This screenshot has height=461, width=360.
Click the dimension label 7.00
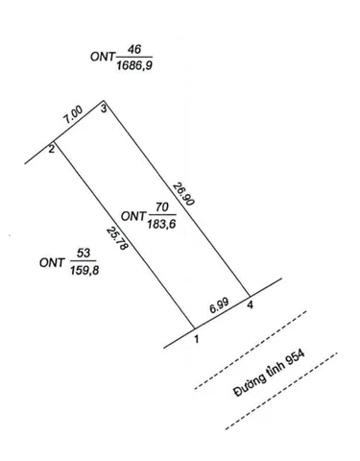click(73, 115)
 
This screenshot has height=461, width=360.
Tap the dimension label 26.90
click(183, 194)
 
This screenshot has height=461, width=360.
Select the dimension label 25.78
click(117, 238)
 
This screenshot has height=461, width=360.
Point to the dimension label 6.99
click(219, 305)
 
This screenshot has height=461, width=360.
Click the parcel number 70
click(162, 207)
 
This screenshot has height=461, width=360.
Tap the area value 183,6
click(161, 224)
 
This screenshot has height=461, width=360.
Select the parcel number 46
click(134, 49)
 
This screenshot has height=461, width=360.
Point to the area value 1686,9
click(134, 65)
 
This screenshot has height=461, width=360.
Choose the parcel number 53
click(84, 254)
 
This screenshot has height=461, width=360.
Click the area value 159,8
click(84, 271)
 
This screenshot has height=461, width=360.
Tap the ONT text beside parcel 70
click(133, 216)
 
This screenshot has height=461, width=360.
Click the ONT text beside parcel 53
click(52, 263)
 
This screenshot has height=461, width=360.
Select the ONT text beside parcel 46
click(103, 57)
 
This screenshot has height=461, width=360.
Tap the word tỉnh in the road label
click(276, 370)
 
